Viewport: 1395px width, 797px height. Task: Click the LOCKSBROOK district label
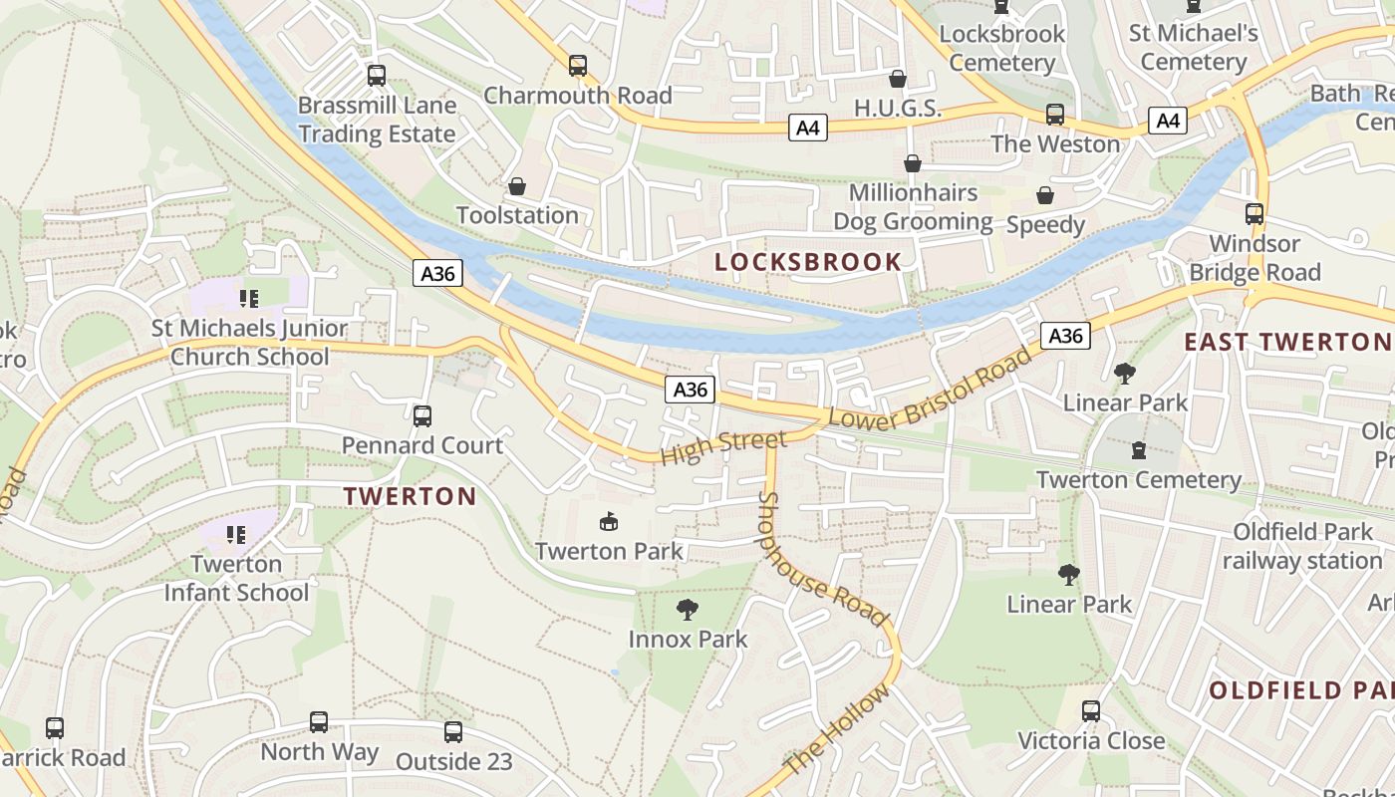(x=808, y=262)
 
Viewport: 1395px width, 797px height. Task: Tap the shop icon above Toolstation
(x=517, y=186)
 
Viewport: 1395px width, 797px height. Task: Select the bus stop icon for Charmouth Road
(x=578, y=66)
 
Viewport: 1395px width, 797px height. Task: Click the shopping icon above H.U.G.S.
(x=898, y=79)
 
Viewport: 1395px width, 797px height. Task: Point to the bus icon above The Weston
(x=1055, y=115)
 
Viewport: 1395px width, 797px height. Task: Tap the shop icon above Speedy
(x=1045, y=195)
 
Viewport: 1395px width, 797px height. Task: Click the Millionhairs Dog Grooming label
(x=913, y=207)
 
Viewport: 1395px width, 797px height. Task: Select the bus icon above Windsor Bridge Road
(x=1255, y=214)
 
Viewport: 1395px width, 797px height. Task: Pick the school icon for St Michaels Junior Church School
(x=249, y=298)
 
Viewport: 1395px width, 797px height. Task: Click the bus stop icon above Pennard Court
(x=422, y=415)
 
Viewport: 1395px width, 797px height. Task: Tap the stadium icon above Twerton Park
(x=609, y=521)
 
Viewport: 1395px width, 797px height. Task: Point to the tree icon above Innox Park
(x=687, y=609)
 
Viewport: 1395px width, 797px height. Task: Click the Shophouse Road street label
(x=822, y=559)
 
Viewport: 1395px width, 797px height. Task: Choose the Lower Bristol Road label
(x=930, y=390)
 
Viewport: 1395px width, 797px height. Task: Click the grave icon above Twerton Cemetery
(x=1139, y=450)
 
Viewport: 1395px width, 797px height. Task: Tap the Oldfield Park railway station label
(x=1302, y=546)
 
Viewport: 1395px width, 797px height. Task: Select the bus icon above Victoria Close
(x=1091, y=711)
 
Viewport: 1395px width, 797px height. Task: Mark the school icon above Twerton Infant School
(x=236, y=535)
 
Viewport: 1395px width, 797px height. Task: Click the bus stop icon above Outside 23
(x=453, y=732)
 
